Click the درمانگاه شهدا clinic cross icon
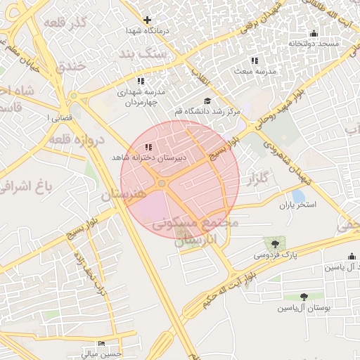click(147, 20)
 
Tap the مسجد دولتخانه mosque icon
click(314, 34)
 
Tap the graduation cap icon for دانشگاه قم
click(207, 101)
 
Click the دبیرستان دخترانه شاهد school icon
click(148, 147)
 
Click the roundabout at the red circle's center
click(162, 184)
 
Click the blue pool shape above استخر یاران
click(298, 195)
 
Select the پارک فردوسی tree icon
click(275, 243)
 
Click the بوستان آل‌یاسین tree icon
click(304, 297)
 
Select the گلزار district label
click(257, 179)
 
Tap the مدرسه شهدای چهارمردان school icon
click(141, 82)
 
